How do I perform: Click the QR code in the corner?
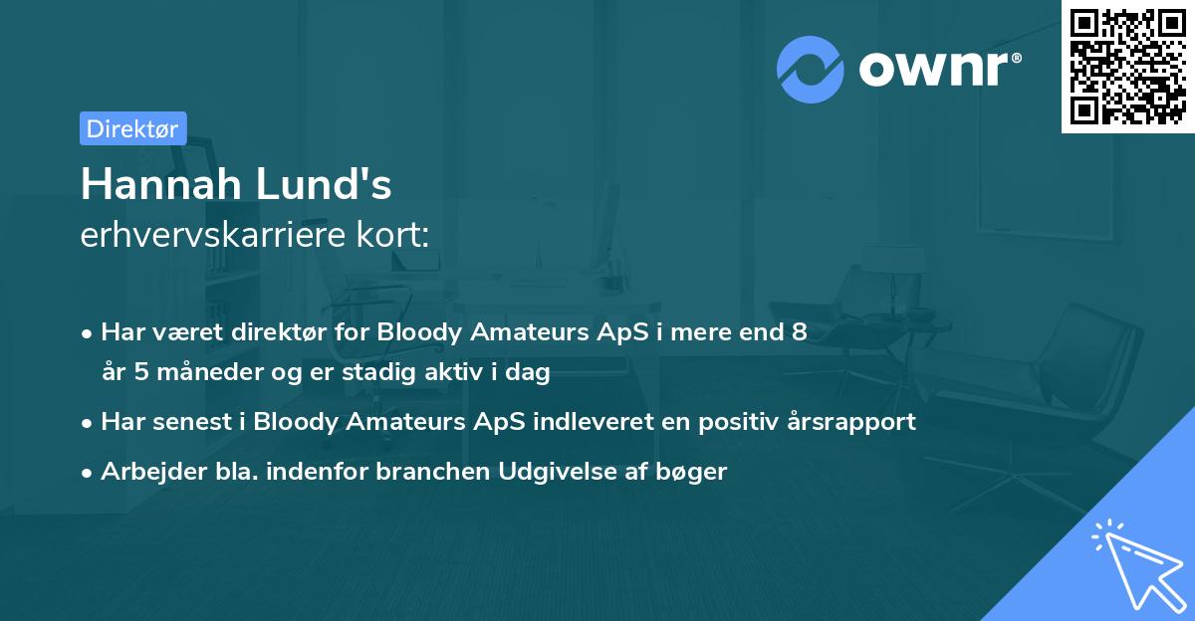(x=1127, y=67)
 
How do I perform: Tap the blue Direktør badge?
(x=132, y=127)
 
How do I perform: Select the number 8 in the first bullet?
(x=799, y=332)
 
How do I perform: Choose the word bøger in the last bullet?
(x=696, y=471)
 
